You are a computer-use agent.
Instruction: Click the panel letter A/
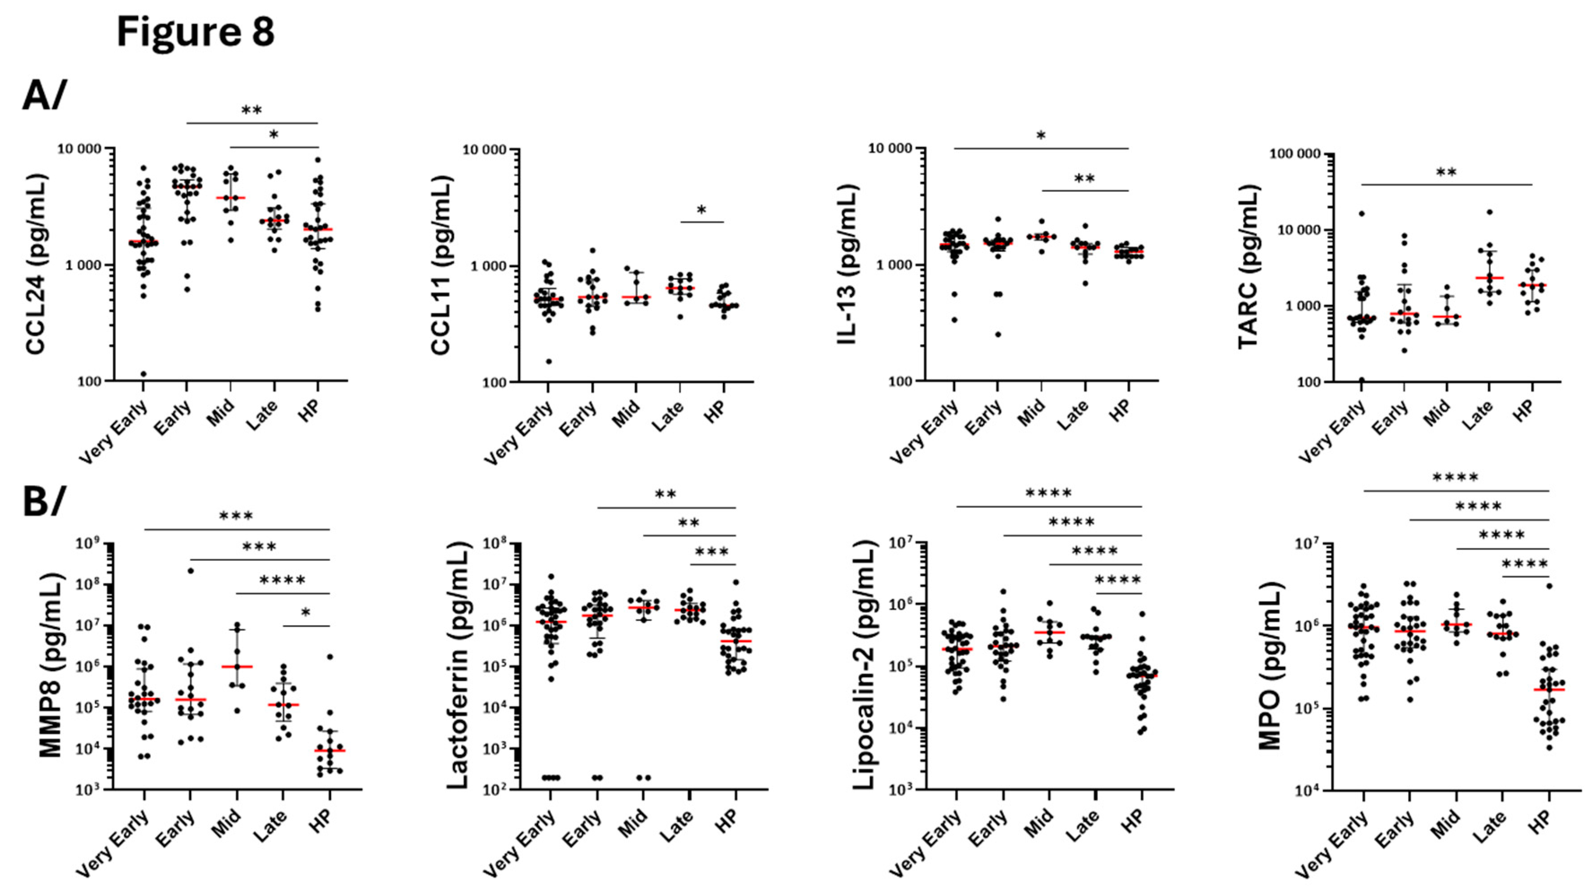click(44, 97)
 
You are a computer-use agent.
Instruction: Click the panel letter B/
click(43, 502)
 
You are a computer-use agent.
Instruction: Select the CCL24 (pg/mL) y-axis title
click(37, 265)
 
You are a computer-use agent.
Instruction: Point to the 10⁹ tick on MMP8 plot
click(89, 544)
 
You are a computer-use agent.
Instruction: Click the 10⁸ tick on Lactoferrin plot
click(494, 544)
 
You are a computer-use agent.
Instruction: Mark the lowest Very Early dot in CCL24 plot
click(143, 374)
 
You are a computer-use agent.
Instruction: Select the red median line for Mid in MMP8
click(237, 667)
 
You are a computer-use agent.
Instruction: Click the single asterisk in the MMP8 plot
click(305, 613)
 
